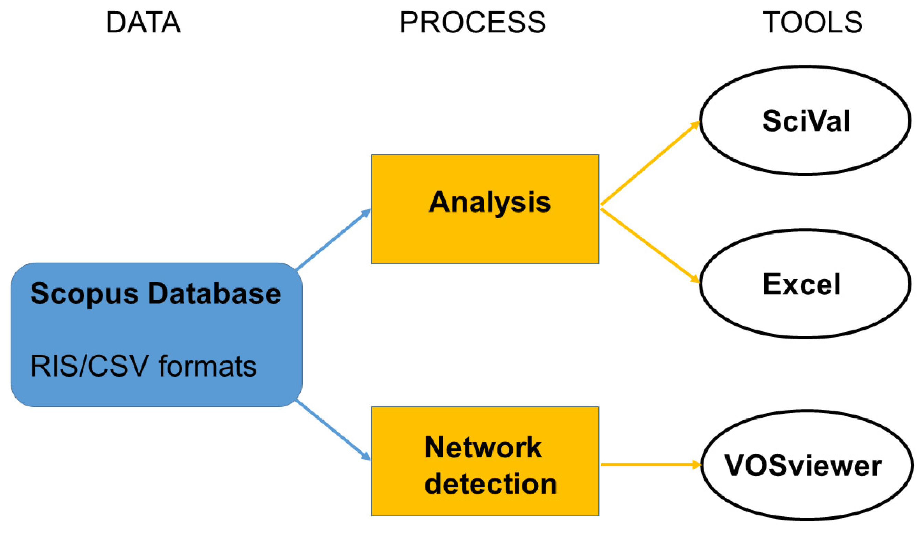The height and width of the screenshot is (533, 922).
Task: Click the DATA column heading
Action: tap(144, 23)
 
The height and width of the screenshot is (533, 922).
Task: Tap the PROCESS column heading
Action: tap(473, 23)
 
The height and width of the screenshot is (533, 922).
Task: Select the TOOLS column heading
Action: tap(812, 23)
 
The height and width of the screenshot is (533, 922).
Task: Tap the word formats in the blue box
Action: tap(208, 366)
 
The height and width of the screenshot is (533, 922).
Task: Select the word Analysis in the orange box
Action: tap(489, 202)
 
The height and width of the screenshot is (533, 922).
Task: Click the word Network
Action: tap(483, 447)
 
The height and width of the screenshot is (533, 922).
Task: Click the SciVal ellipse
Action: tap(805, 121)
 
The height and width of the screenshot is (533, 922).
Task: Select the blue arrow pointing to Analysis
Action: tap(333, 240)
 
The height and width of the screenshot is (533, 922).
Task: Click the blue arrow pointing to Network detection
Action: tap(333, 430)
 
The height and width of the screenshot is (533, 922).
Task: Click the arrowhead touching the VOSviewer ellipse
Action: tap(696, 465)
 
